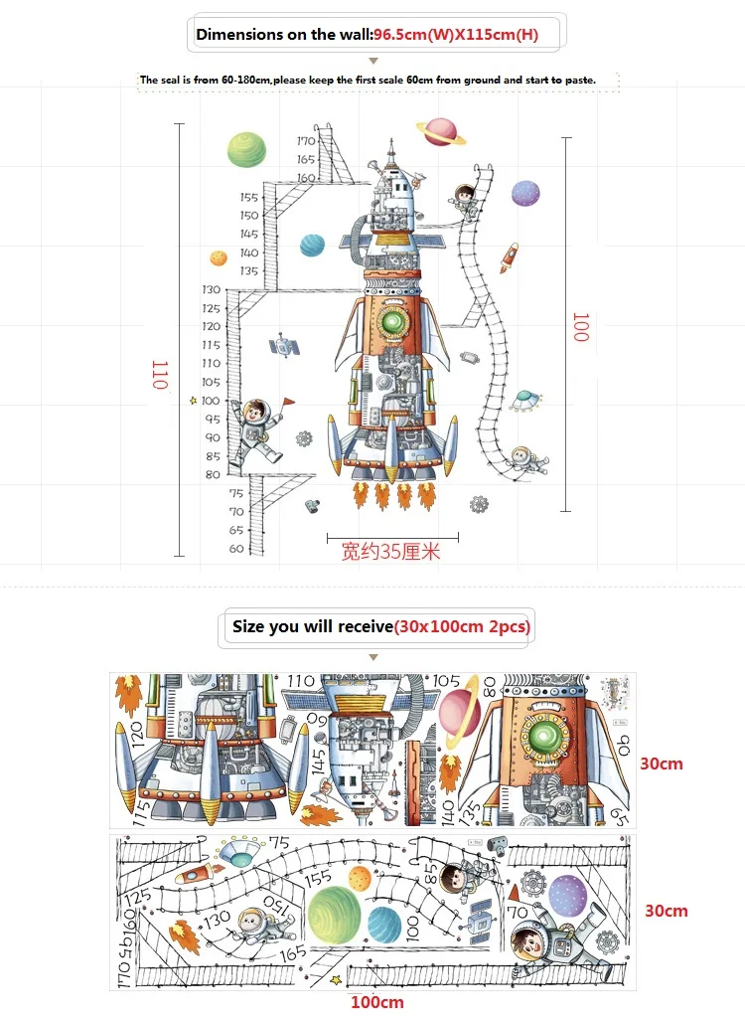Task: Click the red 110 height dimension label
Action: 160,375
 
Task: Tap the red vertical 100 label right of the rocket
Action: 580,327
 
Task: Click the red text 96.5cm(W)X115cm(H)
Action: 456,35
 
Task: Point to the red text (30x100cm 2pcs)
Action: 463,627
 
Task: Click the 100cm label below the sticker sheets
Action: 376,1003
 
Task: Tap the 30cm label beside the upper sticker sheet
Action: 662,765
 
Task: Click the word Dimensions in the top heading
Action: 238,35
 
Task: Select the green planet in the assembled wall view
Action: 246,150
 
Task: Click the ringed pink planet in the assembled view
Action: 441,131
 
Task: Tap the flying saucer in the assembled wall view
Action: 523,400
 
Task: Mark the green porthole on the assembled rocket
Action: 393,323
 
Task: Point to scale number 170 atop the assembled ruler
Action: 305,141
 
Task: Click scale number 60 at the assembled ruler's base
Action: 236,549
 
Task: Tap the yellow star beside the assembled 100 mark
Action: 193,401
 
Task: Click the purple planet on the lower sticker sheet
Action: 567,894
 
